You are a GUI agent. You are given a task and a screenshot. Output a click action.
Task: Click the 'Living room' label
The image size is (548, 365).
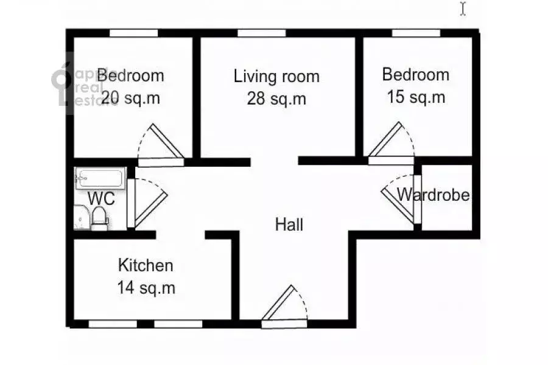[276, 77]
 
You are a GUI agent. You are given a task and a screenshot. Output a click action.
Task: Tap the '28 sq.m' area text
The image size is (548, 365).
[276, 99]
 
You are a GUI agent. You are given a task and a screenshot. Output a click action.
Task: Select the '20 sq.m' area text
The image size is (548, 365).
[131, 98]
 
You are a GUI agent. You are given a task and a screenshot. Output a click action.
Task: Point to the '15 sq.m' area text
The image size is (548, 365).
[416, 97]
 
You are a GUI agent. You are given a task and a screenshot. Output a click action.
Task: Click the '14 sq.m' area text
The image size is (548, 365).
[146, 288]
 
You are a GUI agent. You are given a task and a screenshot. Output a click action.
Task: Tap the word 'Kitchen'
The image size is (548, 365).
[146, 265]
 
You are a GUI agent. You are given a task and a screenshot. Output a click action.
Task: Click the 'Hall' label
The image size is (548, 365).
[289, 224]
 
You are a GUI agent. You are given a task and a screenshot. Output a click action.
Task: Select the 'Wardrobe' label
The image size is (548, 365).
[434, 195]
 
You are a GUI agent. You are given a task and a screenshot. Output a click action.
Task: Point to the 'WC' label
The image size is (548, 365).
[101, 199]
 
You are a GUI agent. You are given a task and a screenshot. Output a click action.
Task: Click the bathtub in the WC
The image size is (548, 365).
[100, 178]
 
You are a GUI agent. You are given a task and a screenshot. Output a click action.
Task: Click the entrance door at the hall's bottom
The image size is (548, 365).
[284, 307]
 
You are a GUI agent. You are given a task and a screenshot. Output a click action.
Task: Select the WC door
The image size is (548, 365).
[147, 203]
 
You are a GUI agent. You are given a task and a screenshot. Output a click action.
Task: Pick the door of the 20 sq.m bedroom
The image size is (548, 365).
[161, 145]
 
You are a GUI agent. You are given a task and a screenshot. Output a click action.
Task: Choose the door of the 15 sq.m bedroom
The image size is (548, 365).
[391, 143]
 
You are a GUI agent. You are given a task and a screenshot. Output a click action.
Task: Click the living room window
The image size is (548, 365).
[262, 33]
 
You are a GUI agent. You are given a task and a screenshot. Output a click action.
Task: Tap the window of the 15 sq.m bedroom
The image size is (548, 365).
[416, 33]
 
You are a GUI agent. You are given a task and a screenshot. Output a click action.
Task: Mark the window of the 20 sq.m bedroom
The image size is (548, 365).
[133, 33]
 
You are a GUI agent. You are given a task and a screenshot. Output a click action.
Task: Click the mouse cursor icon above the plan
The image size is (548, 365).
[463, 9]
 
